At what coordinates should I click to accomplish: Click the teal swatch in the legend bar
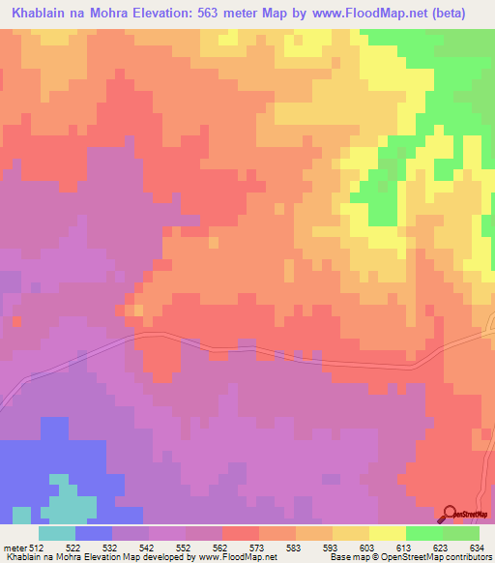tap(57, 533)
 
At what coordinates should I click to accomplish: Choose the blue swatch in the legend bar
tap(94, 533)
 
